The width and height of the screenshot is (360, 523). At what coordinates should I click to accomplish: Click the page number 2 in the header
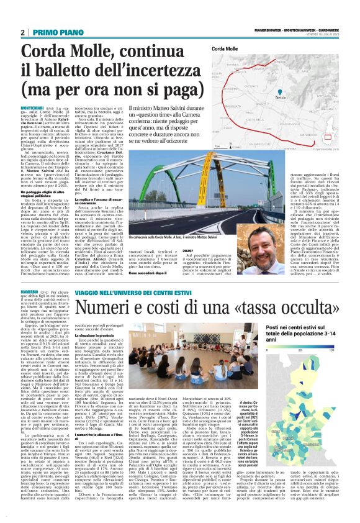pyautogui.click(x=22, y=32)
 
